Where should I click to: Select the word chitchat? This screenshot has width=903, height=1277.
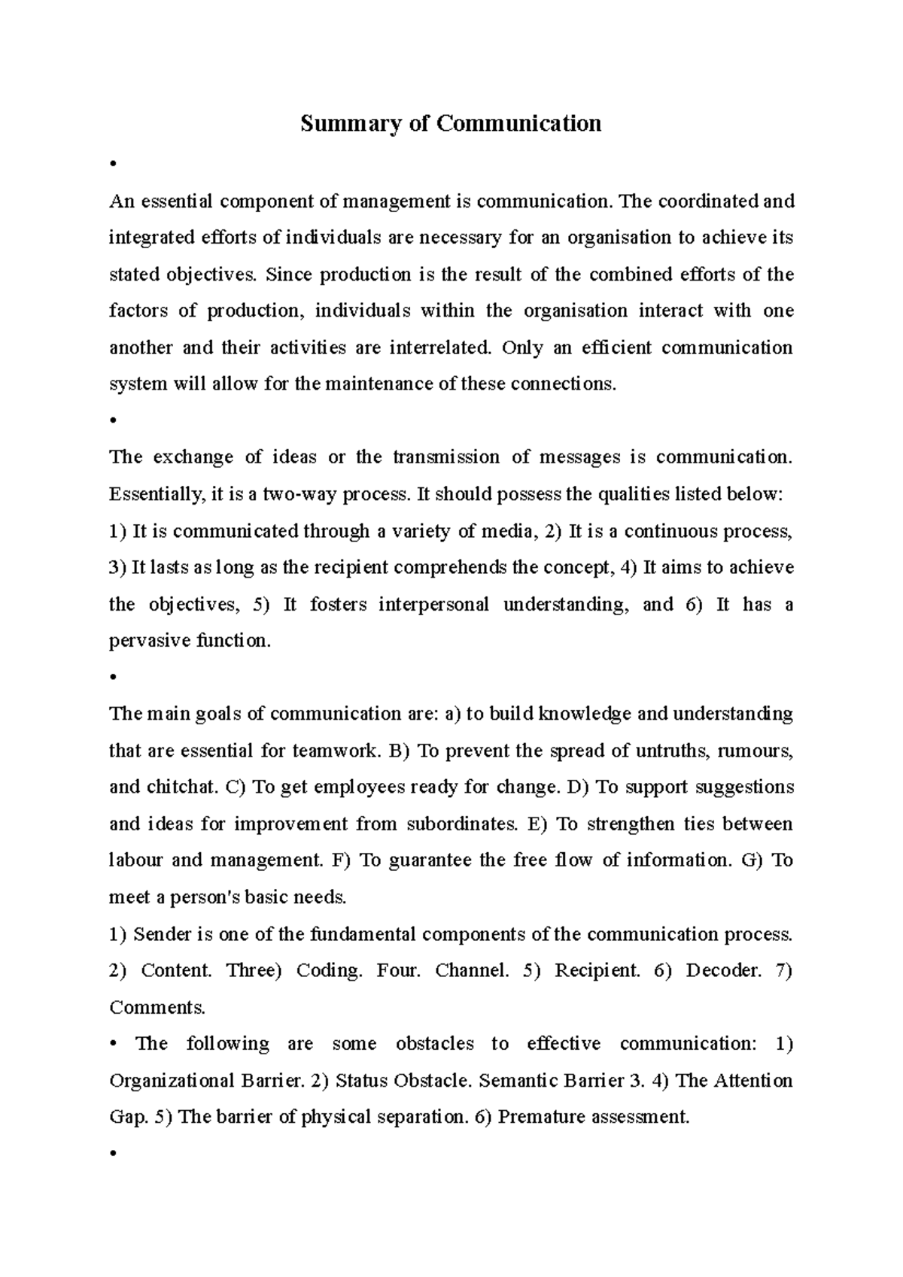[x=180, y=787]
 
